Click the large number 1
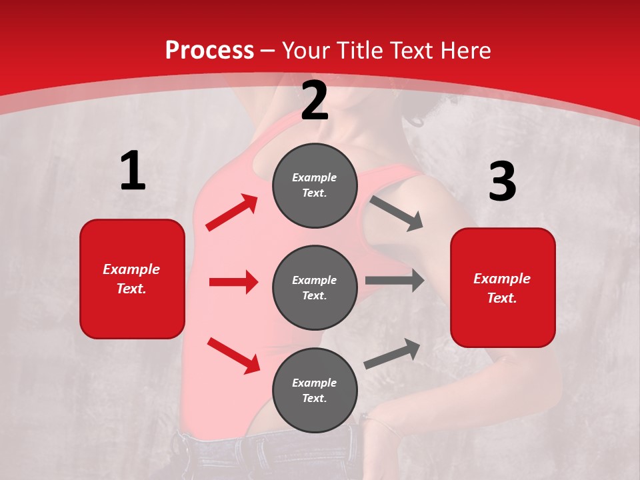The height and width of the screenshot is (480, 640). click(x=133, y=171)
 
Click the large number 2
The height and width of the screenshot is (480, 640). click(x=315, y=101)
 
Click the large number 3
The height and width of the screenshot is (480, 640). click(x=503, y=182)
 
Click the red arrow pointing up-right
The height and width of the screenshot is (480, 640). click(x=232, y=213)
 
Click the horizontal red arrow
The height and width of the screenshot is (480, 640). click(x=233, y=282)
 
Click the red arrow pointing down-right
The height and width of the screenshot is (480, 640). click(x=233, y=355)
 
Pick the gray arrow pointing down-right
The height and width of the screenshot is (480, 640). click(x=396, y=213)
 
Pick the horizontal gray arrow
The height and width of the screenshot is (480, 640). click(x=395, y=281)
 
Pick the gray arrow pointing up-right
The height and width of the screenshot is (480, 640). click(x=392, y=353)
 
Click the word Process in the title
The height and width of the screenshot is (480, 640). click(x=209, y=50)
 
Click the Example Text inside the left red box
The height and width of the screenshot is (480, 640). click(x=131, y=279)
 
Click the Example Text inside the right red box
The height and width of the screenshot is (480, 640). click(x=502, y=288)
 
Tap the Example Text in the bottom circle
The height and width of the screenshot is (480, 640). click(x=314, y=390)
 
